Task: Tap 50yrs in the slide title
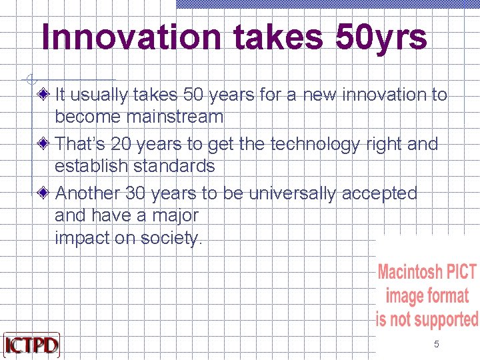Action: [381, 37]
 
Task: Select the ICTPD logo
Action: [31, 345]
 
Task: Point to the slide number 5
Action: [437, 344]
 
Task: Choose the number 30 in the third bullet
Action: [136, 193]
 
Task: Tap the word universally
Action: [293, 193]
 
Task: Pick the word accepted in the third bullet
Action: [379, 193]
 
